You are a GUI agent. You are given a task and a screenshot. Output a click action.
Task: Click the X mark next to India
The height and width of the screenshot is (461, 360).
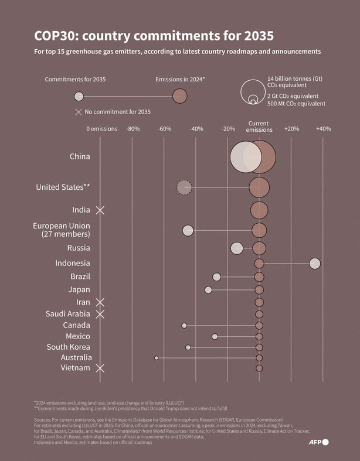click(100, 210)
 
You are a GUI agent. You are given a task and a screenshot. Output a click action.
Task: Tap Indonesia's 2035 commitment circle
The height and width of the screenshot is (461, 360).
click(315, 264)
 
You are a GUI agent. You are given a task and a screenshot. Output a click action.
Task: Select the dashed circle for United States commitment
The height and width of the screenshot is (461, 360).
click(184, 187)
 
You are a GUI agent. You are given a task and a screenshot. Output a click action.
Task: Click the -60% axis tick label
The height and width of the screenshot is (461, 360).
click(165, 129)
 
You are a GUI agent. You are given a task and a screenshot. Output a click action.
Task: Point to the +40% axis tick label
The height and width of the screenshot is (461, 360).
click(323, 129)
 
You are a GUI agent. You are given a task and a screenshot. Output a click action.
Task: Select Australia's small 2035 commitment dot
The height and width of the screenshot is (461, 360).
click(156, 357)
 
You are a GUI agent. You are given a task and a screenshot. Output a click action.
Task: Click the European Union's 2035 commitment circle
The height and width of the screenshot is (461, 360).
click(188, 230)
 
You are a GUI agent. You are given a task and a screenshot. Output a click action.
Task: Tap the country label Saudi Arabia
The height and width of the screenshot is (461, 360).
click(67, 314)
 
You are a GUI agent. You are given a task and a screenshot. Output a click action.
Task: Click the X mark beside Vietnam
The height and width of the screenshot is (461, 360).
click(100, 368)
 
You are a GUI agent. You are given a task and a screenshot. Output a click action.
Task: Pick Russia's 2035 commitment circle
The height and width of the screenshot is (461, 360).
click(237, 248)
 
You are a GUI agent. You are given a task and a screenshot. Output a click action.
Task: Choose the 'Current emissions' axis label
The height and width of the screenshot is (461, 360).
click(259, 127)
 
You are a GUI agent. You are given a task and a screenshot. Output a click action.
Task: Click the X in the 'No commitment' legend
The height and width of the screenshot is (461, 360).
click(79, 112)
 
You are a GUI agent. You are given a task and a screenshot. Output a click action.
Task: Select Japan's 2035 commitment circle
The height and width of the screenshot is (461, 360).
click(208, 290)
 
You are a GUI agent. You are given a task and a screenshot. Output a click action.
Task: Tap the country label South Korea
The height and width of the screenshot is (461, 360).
click(69, 347)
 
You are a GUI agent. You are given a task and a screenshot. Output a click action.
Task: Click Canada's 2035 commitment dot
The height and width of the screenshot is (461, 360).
click(184, 325)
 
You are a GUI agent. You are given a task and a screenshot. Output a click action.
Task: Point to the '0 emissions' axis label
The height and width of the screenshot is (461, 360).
click(102, 129)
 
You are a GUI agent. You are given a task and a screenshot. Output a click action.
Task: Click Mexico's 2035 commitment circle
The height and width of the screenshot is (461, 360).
click(215, 336)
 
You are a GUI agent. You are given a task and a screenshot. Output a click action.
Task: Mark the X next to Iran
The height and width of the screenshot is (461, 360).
click(100, 302)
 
